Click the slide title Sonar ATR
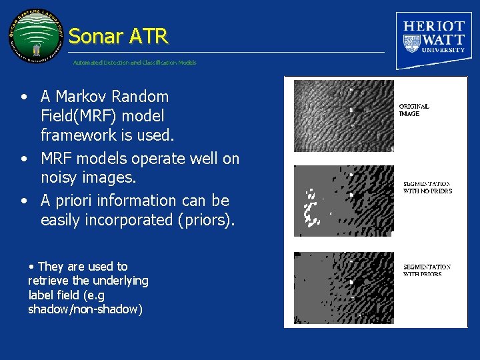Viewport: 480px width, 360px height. pyautogui.click(x=118, y=36)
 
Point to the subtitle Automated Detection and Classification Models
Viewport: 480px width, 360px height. pyautogui.click(x=135, y=63)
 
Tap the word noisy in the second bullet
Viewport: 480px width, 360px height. pyautogui.click(x=61, y=178)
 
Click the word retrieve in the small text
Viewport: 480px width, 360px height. pyautogui.click(x=45, y=281)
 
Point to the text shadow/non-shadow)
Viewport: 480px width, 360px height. pyautogui.click(x=85, y=309)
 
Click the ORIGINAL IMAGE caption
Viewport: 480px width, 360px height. pyautogui.click(x=413, y=110)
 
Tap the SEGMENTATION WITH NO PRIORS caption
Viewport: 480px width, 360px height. pyautogui.click(x=427, y=187)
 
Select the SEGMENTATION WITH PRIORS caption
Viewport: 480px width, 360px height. pyautogui.click(x=427, y=270)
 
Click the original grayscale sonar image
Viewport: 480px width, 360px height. pyautogui.click(x=343, y=115)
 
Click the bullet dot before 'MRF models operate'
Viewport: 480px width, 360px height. pyautogui.click(x=23, y=159)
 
